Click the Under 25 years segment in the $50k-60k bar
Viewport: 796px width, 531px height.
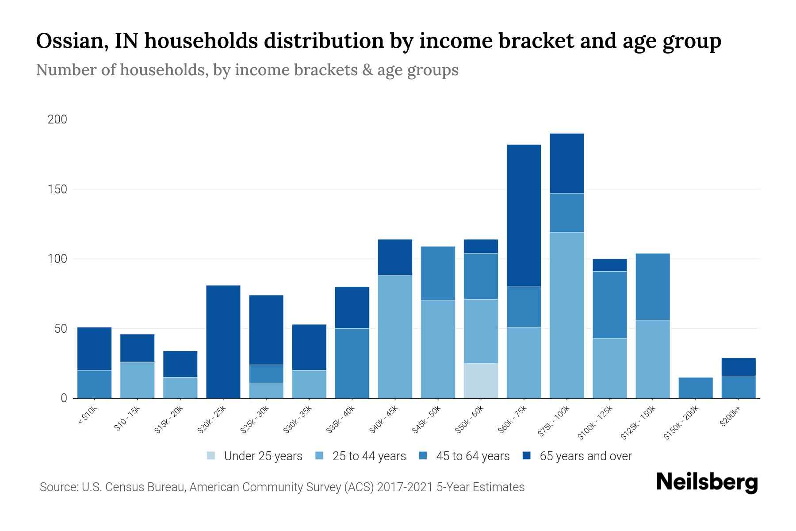[481, 381]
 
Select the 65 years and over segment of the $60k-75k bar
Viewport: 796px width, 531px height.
[524, 215]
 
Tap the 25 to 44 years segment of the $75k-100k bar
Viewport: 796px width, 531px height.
[566, 315]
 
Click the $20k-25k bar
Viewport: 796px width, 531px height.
[223, 342]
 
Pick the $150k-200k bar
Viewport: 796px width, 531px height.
[695, 388]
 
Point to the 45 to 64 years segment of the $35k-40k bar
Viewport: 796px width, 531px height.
[352, 363]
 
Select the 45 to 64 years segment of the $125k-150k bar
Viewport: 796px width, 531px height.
[652, 286]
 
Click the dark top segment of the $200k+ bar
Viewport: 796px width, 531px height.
[738, 367]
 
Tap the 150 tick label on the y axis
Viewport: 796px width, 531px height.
[57, 189]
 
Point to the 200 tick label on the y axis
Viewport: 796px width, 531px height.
[57, 119]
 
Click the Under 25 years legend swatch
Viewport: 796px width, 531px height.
[211, 456]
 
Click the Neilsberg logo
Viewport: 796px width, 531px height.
[707, 482]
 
